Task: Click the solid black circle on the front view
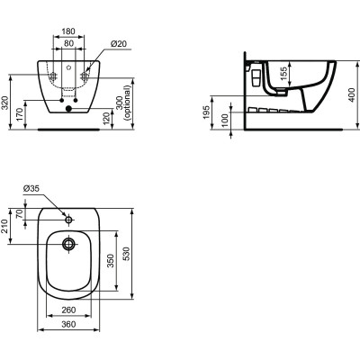click(70, 111)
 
